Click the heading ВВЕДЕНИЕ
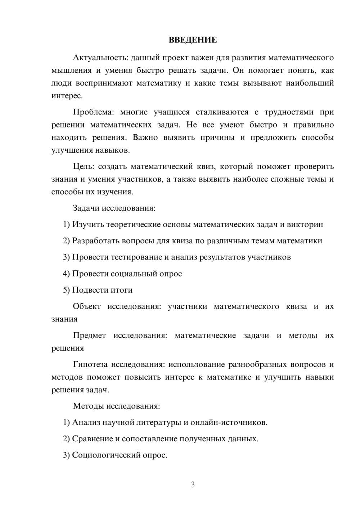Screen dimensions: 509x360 [193, 40]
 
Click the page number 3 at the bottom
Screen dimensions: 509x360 [193, 485]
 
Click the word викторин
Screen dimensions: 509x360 [306, 225]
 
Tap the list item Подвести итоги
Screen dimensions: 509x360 [102, 290]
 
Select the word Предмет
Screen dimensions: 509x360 [89, 335]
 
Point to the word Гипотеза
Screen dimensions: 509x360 [90, 365]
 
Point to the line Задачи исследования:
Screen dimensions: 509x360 [114, 208]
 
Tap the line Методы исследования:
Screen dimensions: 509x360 [116, 406]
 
